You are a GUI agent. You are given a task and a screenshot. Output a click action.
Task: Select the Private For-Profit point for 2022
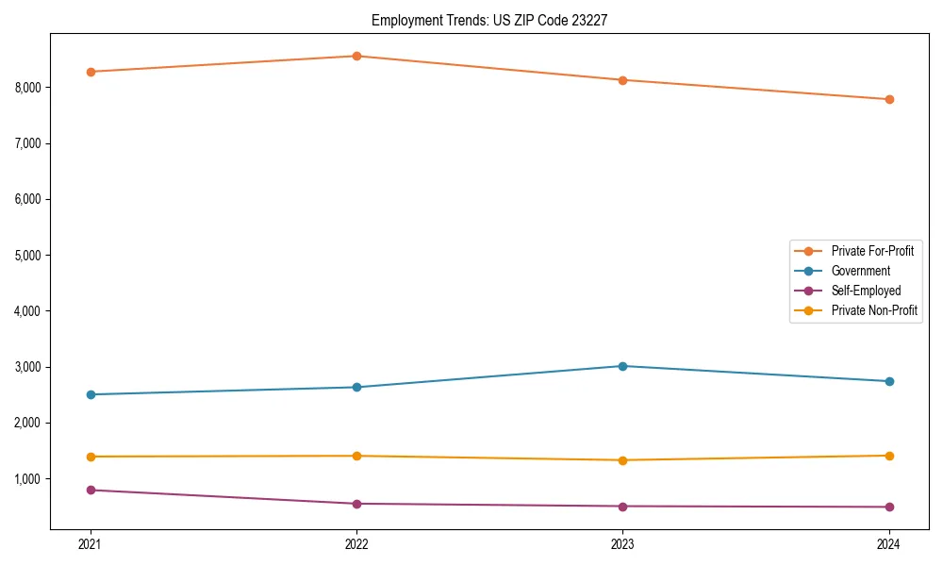(x=356, y=56)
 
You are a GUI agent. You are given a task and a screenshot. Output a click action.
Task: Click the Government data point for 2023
(x=622, y=366)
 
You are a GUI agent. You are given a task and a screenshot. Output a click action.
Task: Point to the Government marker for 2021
(x=91, y=394)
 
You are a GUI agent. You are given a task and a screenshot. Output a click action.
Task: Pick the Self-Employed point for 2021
(x=91, y=490)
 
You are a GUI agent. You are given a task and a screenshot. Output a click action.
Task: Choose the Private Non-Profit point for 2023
(x=622, y=460)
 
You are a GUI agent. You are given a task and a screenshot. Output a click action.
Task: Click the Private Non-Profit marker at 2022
(x=356, y=456)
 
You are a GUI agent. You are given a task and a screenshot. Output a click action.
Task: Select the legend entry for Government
(x=860, y=271)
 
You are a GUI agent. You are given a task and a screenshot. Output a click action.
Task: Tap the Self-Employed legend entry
(x=866, y=291)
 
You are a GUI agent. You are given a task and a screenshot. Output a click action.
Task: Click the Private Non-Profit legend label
(x=874, y=310)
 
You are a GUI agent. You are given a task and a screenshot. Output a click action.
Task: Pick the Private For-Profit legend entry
(x=872, y=251)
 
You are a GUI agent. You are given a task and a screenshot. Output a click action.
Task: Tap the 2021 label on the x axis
(x=91, y=543)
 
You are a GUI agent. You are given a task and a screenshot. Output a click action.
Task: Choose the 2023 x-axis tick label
(x=622, y=543)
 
